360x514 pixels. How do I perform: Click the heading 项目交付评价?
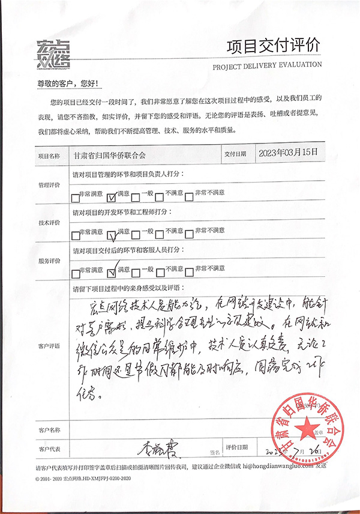pyautogui.click(x=274, y=46)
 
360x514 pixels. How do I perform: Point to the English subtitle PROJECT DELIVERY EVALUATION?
pyautogui.click(x=267, y=65)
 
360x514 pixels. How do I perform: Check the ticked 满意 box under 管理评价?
pyautogui.click(x=111, y=196)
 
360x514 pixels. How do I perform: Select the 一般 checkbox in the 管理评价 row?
pyautogui.click(x=137, y=196)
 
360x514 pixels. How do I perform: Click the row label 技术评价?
pyautogui.click(x=49, y=223)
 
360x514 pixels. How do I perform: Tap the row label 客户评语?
pyautogui.click(x=49, y=347)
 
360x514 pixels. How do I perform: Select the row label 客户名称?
pyautogui.click(x=49, y=430)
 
